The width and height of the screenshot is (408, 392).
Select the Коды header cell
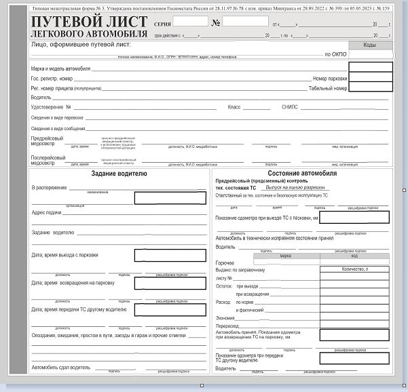(x=370, y=45)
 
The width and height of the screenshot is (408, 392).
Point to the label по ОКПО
(x=335, y=54)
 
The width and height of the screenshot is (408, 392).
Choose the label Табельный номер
(x=328, y=88)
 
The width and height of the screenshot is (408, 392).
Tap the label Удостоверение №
(x=51, y=107)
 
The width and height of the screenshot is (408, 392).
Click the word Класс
(x=234, y=107)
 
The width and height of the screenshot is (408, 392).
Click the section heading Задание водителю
(x=119, y=174)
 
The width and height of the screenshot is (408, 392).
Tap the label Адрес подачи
(x=47, y=212)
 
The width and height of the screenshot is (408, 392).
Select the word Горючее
(x=225, y=262)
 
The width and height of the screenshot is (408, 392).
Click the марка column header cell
(x=285, y=256)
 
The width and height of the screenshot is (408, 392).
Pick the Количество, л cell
(x=355, y=269)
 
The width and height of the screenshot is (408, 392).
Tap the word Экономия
(x=225, y=317)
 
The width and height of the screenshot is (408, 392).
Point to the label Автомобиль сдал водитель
(x=60, y=368)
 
